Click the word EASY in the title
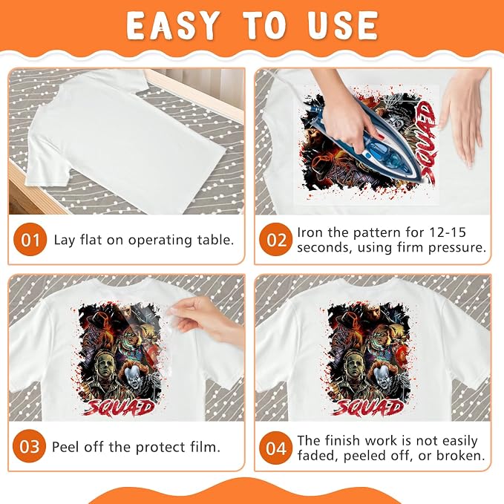pyautogui.click(x=172, y=26)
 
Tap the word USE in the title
pyautogui.click(x=342, y=26)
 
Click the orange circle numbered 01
pyautogui.click(x=30, y=240)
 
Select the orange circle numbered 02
pyautogui.click(x=276, y=240)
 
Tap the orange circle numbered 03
pyautogui.click(x=29, y=446)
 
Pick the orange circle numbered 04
pyautogui.click(x=276, y=448)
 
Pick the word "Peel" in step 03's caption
pyautogui.click(x=65, y=447)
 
